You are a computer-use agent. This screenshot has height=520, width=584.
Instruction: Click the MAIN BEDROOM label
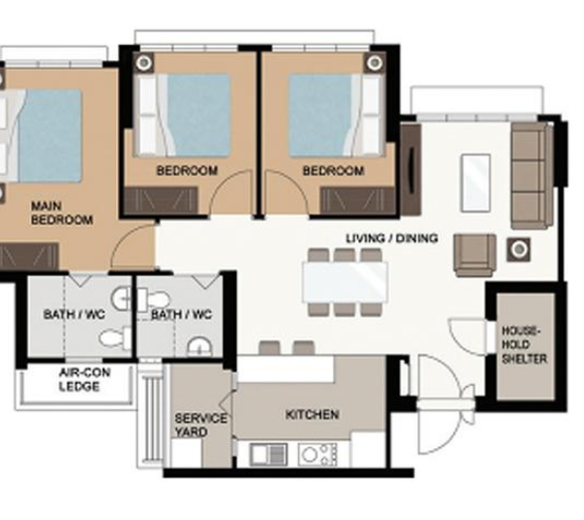[x=62, y=213]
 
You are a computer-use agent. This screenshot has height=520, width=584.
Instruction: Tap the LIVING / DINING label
[x=392, y=238]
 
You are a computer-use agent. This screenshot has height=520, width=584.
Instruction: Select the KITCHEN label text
[x=312, y=414]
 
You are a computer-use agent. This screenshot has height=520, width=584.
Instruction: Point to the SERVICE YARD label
[x=201, y=425]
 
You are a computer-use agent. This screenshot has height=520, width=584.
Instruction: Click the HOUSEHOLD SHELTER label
[x=524, y=345]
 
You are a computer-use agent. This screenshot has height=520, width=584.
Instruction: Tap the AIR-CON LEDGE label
[x=85, y=379]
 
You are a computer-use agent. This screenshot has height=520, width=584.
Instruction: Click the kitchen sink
[x=269, y=454]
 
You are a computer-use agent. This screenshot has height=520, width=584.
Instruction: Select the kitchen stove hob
[x=317, y=454]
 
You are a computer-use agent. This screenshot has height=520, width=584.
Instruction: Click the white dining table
[x=346, y=282]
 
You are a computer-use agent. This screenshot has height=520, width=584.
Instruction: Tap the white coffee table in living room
[x=476, y=183]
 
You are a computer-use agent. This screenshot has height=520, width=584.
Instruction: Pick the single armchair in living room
[x=475, y=256]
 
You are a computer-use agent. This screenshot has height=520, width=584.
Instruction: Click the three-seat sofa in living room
[x=531, y=175]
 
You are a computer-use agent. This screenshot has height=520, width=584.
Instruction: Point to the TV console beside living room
[x=411, y=170]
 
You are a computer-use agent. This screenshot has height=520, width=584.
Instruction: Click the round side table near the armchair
[x=519, y=249]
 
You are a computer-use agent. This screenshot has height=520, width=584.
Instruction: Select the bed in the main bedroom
[x=41, y=135]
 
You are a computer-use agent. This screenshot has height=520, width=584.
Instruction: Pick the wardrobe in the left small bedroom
[x=161, y=200]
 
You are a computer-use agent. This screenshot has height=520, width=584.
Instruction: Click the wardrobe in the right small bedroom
[x=358, y=200]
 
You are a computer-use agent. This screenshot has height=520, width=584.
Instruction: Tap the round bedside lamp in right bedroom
[x=375, y=62]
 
